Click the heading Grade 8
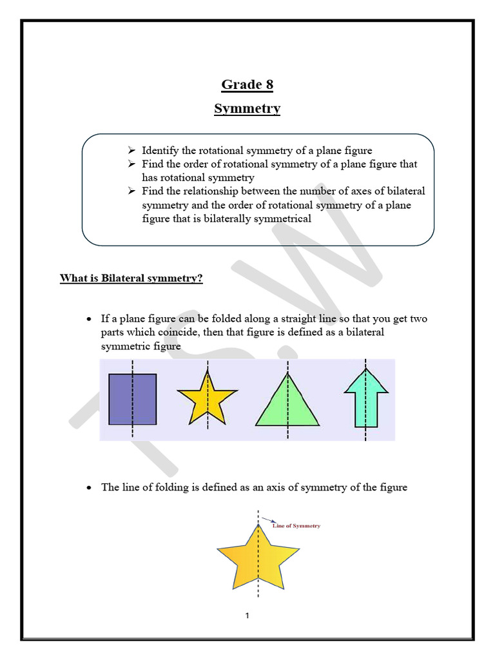pos(247,84)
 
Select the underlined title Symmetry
pos(247,108)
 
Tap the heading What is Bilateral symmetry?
pos(131,278)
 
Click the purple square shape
pos(132,399)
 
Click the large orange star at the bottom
pos(258,558)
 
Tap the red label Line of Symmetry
pos(296,526)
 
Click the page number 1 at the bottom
pos(247,616)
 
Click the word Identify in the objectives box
pos(160,151)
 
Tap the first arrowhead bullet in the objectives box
pos(131,151)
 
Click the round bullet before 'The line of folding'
pos(90,488)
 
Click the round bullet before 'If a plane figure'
pos(90,320)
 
